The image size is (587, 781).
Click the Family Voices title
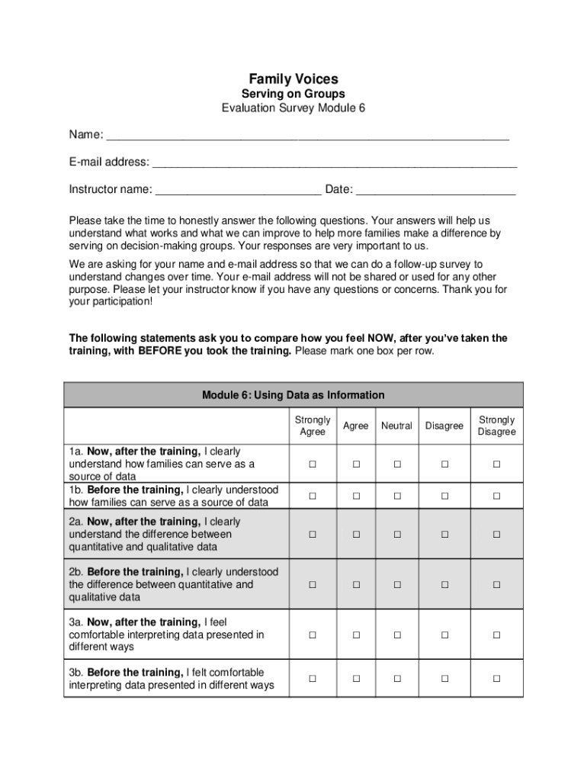(x=293, y=79)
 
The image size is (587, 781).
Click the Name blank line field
(x=307, y=137)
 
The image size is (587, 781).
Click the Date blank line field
(x=435, y=191)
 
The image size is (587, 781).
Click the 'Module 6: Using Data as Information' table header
(x=293, y=395)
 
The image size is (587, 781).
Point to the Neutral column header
(x=397, y=426)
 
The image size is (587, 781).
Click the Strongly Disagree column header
(x=496, y=426)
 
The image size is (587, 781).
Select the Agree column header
(x=355, y=426)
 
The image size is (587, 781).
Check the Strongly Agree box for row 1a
(x=312, y=464)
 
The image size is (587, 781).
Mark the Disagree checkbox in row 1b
(x=444, y=497)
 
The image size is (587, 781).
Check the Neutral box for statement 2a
(x=397, y=535)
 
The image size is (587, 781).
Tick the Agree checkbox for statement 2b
(x=355, y=585)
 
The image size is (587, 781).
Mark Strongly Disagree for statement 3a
(x=496, y=635)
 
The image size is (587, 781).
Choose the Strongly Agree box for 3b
(x=312, y=679)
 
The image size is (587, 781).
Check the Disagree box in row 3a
(x=444, y=635)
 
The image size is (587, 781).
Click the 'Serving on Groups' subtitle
(x=293, y=94)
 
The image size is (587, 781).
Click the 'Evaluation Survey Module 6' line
(x=293, y=108)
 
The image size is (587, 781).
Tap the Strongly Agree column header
(x=313, y=426)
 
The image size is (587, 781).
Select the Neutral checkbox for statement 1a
(x=397, y=464)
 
